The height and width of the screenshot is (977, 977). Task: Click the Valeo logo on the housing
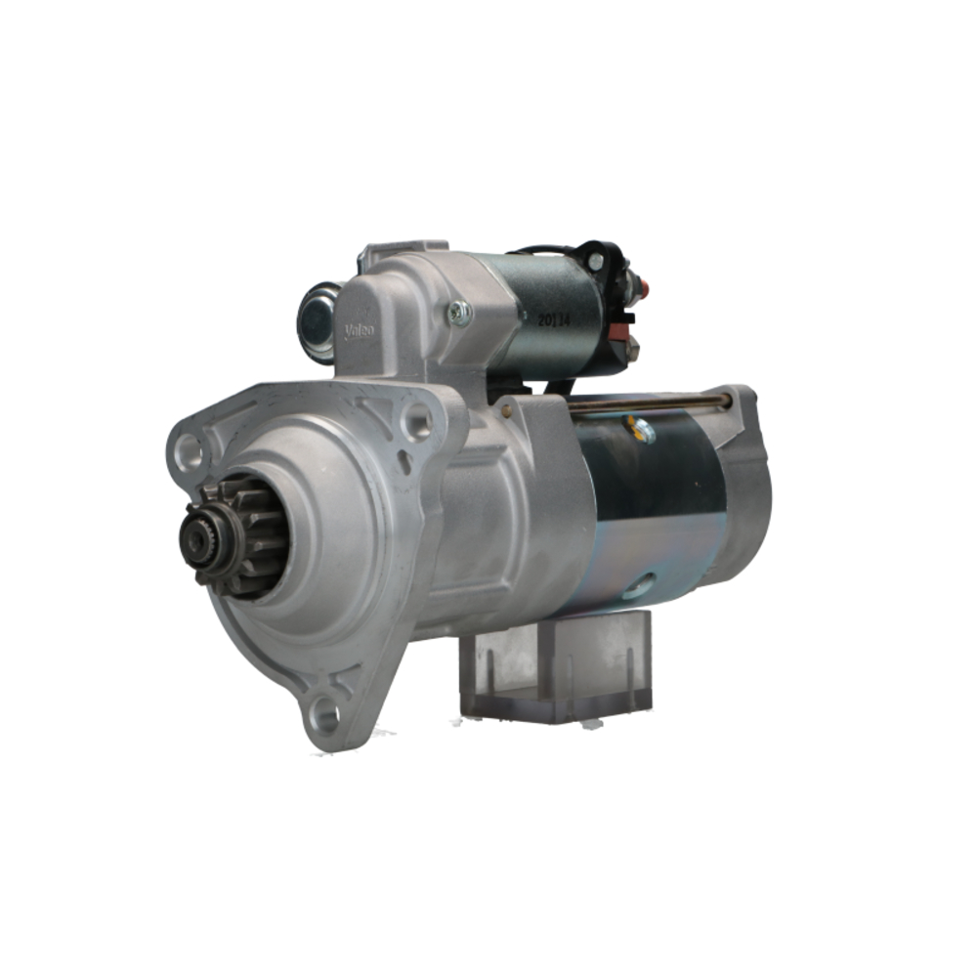click(x=360, y=331)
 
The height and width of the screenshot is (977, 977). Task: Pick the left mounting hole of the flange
click(x=189, y=451)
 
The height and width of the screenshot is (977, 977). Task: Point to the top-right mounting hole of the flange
click(x=417, y=421)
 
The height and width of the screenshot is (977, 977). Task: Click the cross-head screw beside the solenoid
click(x=459, y=313)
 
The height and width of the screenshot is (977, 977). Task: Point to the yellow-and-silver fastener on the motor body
click(x=642, y=430)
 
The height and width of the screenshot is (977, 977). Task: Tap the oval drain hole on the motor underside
click(x=642, y=584)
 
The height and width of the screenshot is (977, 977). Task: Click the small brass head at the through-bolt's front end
click(x=506, y=411)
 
